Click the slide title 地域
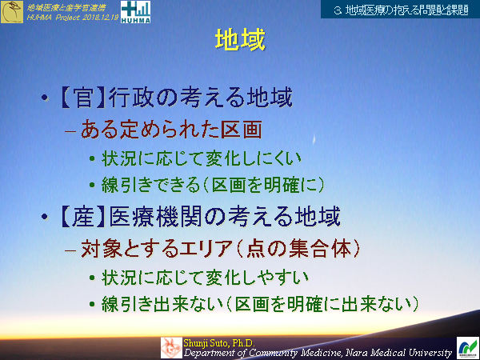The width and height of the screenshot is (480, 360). tap(240, 40)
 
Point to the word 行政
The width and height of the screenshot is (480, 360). tap(130, 99)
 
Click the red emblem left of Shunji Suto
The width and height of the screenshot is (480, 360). tap(170, 346)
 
